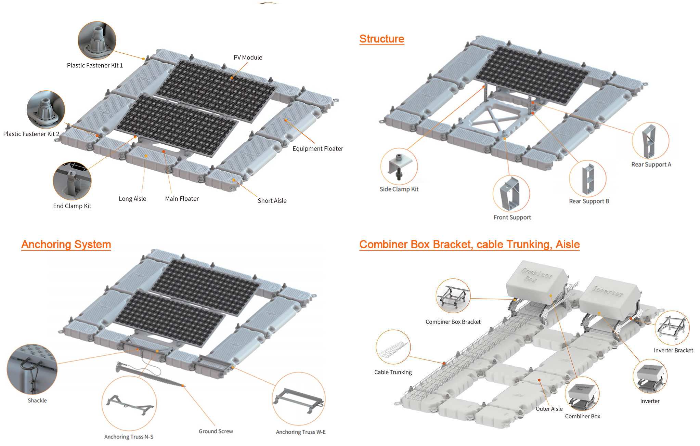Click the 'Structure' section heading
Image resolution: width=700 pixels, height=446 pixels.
(x=381, y=39)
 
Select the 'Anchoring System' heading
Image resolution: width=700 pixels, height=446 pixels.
(x=66, y=245)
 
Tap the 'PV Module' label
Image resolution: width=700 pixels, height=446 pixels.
(x=248, y=57)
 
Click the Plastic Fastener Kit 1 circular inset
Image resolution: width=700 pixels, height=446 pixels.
(x=97, y=40)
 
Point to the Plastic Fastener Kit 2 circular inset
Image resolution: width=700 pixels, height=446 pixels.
(x=46, y=110)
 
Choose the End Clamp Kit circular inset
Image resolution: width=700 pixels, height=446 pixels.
(x=72, y=181)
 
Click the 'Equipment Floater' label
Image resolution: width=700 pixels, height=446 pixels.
(x=317, y=148)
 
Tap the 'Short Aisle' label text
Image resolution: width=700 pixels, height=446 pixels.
(x=272, y=201)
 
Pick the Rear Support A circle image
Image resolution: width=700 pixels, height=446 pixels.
(x=650, y=141)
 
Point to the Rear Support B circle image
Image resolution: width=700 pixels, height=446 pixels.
(x=587, y=179)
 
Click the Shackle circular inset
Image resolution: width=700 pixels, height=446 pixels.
(x=32, y=369)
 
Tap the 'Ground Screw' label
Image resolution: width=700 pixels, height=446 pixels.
(x=216, y=431)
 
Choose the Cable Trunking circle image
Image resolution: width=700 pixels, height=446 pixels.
(x=393, y=346)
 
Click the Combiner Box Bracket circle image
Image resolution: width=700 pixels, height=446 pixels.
(x=453, y=296)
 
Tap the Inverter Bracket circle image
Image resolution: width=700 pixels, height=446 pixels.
(x=672, y=328)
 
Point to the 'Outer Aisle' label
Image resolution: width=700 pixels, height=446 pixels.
(x=549, y=409)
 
